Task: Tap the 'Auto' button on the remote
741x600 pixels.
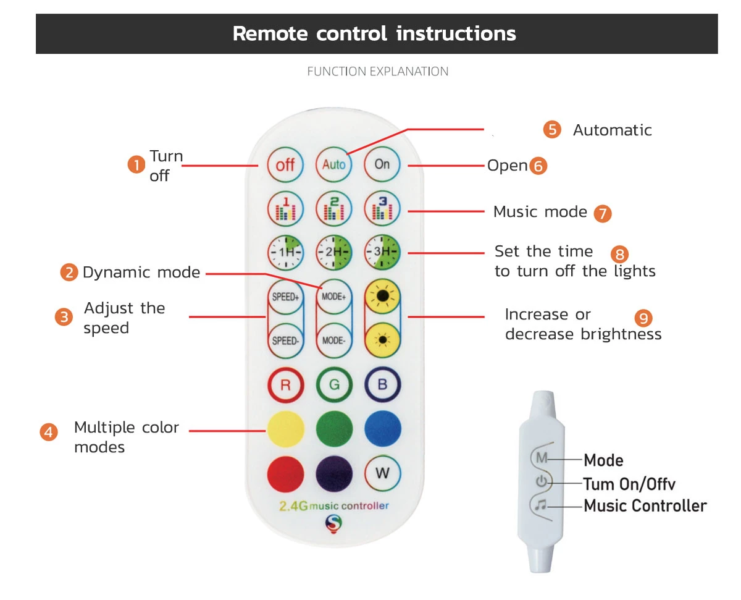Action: (334, 165)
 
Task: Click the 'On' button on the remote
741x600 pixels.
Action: (382, 164)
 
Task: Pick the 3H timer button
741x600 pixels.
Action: (382, 252)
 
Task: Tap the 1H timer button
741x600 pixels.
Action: (285, 252)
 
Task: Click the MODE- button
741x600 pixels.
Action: (334, 340)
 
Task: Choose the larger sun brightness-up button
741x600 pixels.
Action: (382, 297)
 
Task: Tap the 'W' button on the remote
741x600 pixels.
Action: (382, 474)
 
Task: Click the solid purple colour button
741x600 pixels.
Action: (334, 474)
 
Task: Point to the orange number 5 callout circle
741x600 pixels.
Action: (552, 130)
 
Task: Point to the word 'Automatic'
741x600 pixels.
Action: (612, 130)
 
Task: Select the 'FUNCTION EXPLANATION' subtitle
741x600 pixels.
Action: (377, 72)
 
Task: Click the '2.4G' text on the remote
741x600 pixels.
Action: (293, 507)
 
